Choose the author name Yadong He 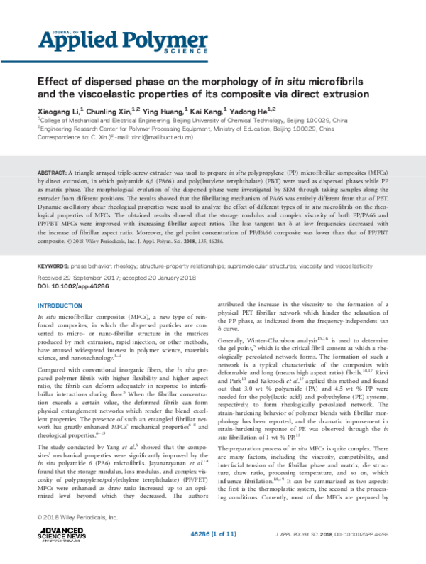click(253, 112)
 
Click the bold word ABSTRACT click(51, 173)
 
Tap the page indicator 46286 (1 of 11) click(219, 533)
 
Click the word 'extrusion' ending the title click(344, 94)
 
